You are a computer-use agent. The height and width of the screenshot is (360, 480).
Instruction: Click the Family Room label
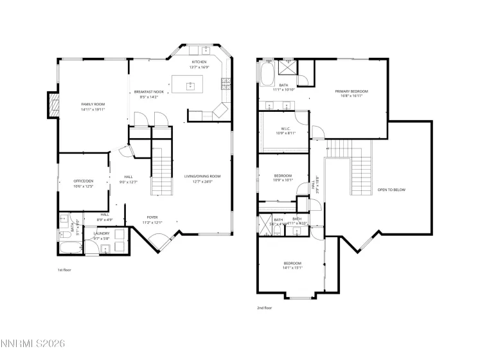(93, 106)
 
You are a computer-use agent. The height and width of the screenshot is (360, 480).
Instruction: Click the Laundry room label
(102, 235)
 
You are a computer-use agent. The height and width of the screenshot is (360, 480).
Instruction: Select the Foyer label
(152, 219)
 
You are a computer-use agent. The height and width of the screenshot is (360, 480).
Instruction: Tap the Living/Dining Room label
(202, 178)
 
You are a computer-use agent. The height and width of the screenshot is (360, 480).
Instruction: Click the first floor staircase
(163, 170)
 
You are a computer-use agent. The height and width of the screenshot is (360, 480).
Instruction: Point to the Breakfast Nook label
(148, 94)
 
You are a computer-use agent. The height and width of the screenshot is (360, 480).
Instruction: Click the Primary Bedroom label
(349, 93)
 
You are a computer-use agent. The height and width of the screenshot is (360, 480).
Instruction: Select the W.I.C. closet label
(285, 130)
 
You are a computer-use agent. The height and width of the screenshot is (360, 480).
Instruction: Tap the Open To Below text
(391, 190)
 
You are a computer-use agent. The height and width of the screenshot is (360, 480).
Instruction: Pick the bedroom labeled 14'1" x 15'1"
(292, 265)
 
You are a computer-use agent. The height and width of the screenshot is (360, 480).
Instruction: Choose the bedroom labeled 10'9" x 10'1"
(283, 178)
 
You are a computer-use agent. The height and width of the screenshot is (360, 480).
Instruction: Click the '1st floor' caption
(64, 270)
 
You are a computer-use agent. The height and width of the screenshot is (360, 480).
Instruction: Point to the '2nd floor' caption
(265, 308)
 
